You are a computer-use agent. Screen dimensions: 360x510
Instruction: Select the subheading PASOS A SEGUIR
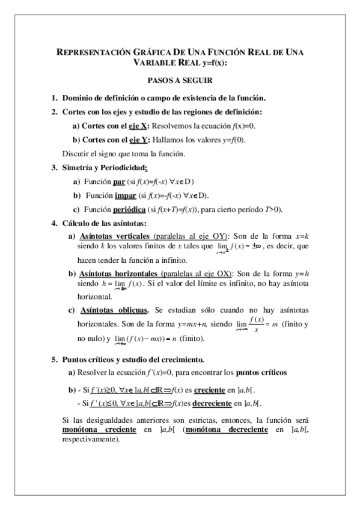click(179, 79)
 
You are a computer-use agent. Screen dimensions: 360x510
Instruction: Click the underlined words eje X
click(140, 126)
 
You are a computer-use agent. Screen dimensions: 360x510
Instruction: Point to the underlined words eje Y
click(139, 140)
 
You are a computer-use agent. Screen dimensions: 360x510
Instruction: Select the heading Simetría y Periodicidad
click(105, 168)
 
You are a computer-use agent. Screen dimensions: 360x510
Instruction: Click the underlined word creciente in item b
click(210, 390)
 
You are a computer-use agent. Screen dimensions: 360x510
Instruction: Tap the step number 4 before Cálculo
click(54, 223)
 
